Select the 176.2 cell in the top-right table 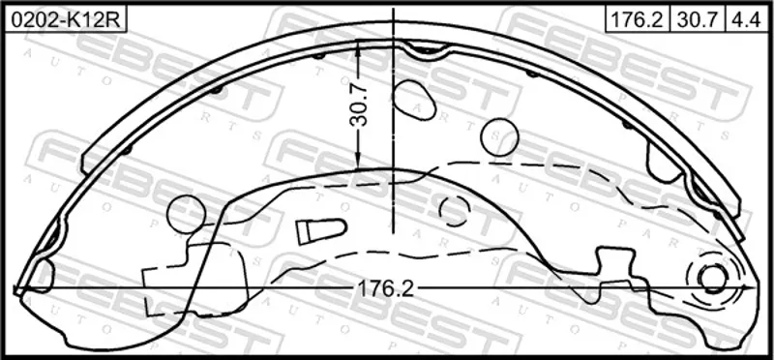638,20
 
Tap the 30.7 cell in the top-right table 697,20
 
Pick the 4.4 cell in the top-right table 748,20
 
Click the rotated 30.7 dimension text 360,105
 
